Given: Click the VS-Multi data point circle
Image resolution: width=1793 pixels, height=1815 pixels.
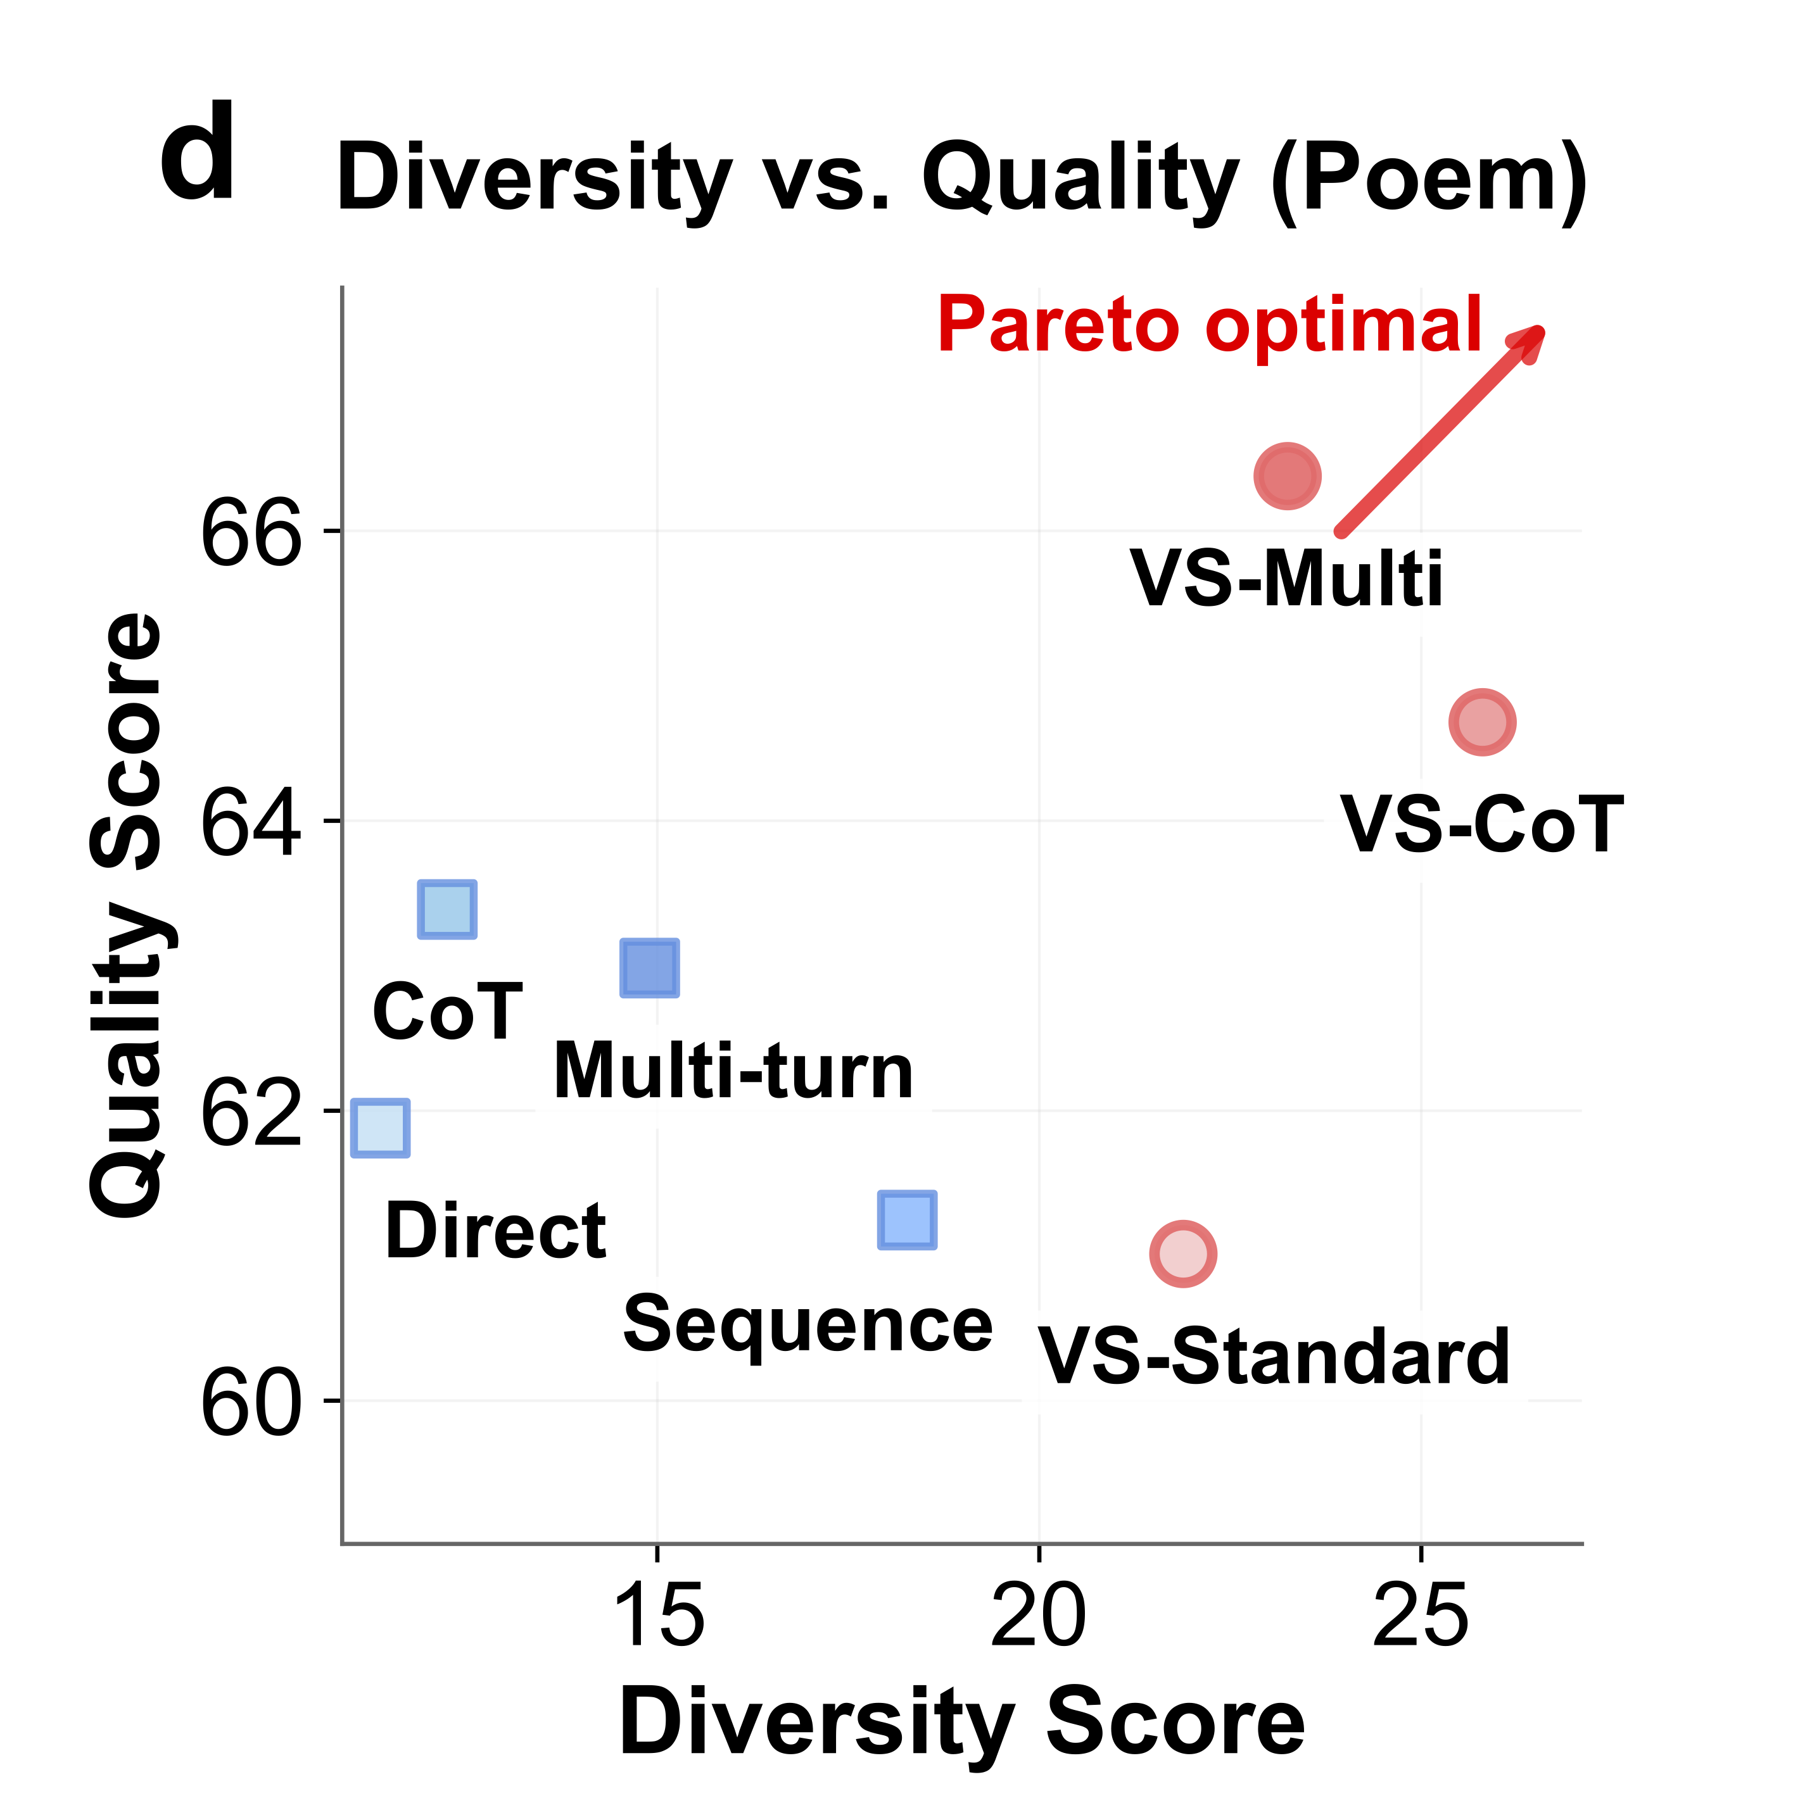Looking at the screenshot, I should (1286, 476).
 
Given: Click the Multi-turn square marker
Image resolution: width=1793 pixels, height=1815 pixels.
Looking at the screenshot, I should (649, 967).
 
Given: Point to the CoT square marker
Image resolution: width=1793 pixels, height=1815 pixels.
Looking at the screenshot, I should (447, 909).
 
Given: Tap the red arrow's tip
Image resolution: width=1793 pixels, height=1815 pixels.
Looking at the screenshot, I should (1541, 329).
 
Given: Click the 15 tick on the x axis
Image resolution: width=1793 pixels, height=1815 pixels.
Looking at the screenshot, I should (657, 1614).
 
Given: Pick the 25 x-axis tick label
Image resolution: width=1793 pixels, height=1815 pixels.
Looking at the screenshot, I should (1420, 1614).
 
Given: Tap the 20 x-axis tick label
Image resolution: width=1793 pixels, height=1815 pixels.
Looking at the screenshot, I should (1039, 1614).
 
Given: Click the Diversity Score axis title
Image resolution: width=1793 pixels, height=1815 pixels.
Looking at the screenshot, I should (961, 1722).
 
